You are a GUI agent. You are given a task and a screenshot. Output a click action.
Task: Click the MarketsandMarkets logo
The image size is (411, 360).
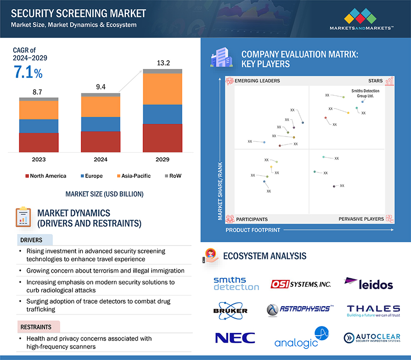[361, 20]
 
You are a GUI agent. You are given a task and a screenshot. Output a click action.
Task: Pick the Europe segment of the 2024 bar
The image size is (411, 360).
[101, 124]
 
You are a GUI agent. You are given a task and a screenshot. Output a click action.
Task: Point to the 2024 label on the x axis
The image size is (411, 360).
[101, 160]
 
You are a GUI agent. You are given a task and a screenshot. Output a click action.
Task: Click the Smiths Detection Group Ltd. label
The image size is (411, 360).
[365, 93]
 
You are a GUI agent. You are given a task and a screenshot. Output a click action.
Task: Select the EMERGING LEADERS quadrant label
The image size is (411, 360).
[257, 81]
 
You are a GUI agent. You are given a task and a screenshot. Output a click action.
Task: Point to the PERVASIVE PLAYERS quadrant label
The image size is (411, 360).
[361, 219]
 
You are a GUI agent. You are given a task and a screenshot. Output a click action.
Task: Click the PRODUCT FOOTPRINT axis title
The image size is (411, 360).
[253, 230]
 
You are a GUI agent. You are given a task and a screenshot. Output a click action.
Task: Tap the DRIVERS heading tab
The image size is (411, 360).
[31, 240]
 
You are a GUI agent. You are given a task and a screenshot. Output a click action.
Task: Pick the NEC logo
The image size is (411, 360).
[235, 338]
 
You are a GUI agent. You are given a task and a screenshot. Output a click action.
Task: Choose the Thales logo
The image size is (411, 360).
[373, 310]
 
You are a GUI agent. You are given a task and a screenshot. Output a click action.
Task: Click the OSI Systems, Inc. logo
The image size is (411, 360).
[301, 284]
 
